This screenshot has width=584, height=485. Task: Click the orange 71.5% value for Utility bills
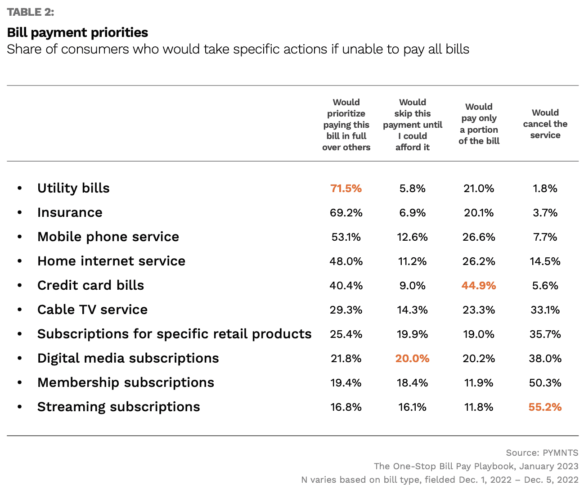click(346, 189)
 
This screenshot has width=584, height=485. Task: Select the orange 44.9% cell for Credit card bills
click(479, 286)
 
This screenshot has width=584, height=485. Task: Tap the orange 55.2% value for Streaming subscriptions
click(545, 407)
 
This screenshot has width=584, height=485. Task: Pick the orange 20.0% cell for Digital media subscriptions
click(412, 359)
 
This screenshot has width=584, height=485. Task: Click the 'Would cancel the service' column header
click(545, 124)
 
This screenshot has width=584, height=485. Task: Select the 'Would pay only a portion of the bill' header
click(479, 124)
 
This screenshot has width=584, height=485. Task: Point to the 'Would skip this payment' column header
click(412, 125)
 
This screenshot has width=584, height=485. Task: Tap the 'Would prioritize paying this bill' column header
click(346, 125)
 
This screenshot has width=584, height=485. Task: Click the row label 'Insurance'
click(70, 212)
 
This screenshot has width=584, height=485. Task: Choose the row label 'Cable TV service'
click(92, 310)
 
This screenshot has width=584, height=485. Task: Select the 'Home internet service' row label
click(111, 261)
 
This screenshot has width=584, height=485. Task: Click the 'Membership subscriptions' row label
click(126, 382)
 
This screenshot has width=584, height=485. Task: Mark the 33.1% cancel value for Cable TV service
click(545, 310)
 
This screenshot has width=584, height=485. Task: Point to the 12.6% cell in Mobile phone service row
click(412, 237)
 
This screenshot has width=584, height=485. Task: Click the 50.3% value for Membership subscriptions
click(545, 383)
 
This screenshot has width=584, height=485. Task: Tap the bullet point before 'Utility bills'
click(19, 189)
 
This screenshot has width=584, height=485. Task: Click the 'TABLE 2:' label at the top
click(31, 12)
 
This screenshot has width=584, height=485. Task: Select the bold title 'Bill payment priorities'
click(77, 32)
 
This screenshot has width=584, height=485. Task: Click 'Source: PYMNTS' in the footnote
click(542, 453)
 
